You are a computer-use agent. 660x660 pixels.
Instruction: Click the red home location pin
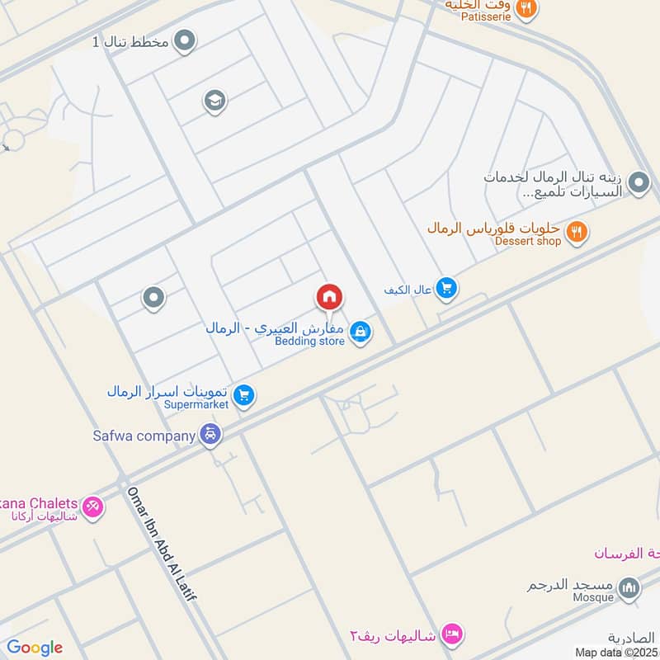pyautogui.click(x=329, y=297)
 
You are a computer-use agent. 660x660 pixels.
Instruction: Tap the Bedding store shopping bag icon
pyautogui.click(x=360, y=333)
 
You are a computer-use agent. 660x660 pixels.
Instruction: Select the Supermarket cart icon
pyautogui.click(x=243, y=397)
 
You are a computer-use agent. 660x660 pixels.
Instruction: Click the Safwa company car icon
pyautogui.click(x=211, y=435)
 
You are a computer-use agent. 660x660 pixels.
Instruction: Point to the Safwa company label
pyautogui.click(x=144, y=435)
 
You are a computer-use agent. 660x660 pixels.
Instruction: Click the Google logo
pyautogui.click(x=34, y=648)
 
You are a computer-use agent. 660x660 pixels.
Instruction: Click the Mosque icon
pyautogui.click(x=629, y=588)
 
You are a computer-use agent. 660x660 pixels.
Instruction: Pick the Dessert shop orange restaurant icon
pyautogui.click(x=577, y=233)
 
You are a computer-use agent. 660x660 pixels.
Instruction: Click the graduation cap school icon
pyautogui.click(x=214, y=102)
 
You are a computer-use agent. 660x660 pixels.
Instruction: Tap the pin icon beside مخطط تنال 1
pyautogui.click(x=185, y=41)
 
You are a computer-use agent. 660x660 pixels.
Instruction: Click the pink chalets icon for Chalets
pyautogui.click(x=93, y=507)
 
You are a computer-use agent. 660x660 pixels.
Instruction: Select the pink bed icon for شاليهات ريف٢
pyautogui.click(x=451, y=633)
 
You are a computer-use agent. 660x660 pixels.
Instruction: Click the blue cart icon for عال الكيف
pyautogui.click(x=447, y=288)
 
